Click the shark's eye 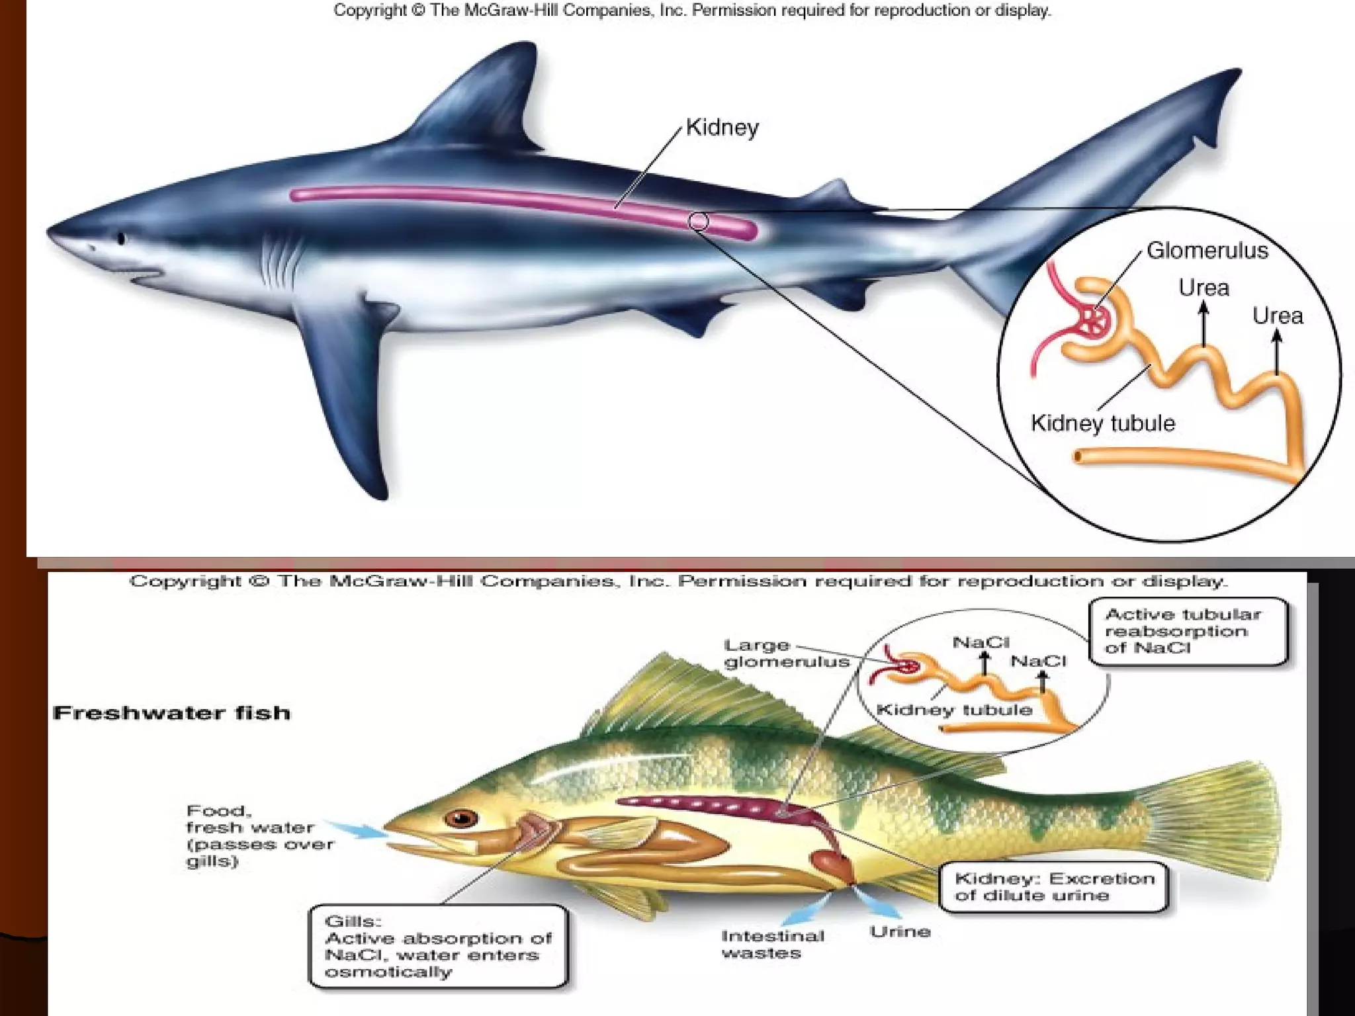[120, 238]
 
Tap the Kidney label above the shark [722, 127]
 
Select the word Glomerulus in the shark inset [1207, 251]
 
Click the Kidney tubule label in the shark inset [1102, 423]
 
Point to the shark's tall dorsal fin [490, 99]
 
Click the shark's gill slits [278, 261]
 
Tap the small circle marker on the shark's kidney [698, 222]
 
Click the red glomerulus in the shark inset [1094, 325]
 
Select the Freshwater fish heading [171, 713]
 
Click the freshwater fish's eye [461, 819]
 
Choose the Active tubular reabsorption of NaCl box [1187, 631]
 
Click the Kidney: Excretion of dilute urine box [1053, 887]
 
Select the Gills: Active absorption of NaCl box [437, 947]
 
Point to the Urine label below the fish [900, 932]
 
